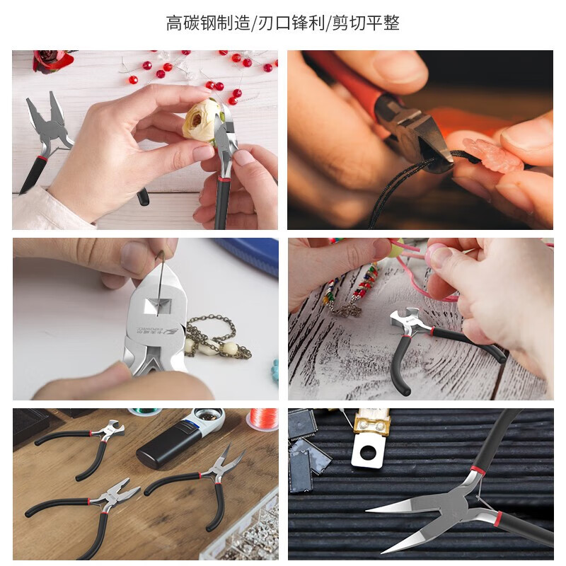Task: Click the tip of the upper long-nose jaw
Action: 368,509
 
